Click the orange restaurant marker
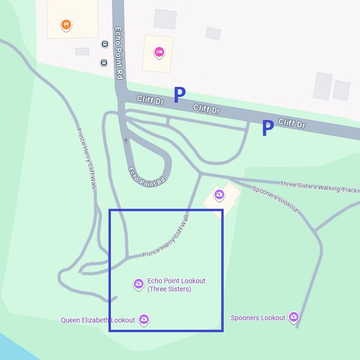(66, 24)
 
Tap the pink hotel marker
(159, 52)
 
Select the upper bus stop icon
(105, 44)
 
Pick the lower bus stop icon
(104, 62)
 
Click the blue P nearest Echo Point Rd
(179, 95)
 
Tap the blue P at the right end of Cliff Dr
(267, 128)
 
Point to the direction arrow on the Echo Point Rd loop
(126, 140)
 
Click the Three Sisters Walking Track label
(318, 187)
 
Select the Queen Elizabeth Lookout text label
(98, 320)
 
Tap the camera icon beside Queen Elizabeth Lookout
(144, 319)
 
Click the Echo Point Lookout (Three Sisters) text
(176, 285)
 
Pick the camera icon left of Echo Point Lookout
(138, 284)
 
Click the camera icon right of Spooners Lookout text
(293, 317)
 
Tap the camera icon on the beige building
(219, 194)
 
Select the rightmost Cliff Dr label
(292, 123)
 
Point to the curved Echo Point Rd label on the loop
(146, 177)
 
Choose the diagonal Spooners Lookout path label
(275, 199)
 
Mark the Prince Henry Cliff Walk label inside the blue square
(166, 236)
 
